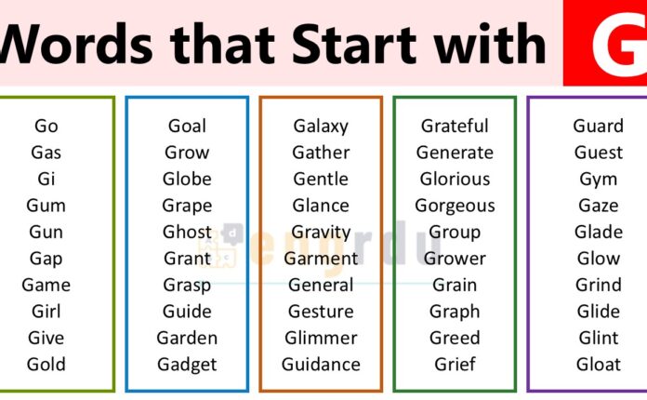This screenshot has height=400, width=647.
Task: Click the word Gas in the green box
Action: point(46,153)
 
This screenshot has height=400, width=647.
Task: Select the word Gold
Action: point(46,364)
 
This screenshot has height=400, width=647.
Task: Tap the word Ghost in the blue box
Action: point(187,232)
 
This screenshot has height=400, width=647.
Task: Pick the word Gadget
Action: point(187,364)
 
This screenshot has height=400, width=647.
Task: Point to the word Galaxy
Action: point(321,126)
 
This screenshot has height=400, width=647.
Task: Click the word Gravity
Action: point(321,232)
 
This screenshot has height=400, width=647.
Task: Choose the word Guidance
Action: point(321,364)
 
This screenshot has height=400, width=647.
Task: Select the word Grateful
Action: point(455,126)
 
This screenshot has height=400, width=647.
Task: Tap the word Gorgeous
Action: point(455,206)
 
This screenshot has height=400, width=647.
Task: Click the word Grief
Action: point(455,364)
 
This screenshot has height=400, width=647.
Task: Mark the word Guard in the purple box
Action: point(598,126)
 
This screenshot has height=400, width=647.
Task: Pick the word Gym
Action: point(598,179)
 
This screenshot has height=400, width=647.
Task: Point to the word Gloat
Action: point(598,364)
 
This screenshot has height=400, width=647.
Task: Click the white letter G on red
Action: point(604,45)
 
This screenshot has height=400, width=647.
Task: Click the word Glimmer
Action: point(321,338)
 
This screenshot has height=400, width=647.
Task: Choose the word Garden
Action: point(187,338)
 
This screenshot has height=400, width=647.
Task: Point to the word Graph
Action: point(455,312)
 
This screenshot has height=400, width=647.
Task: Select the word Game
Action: point(46,285)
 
